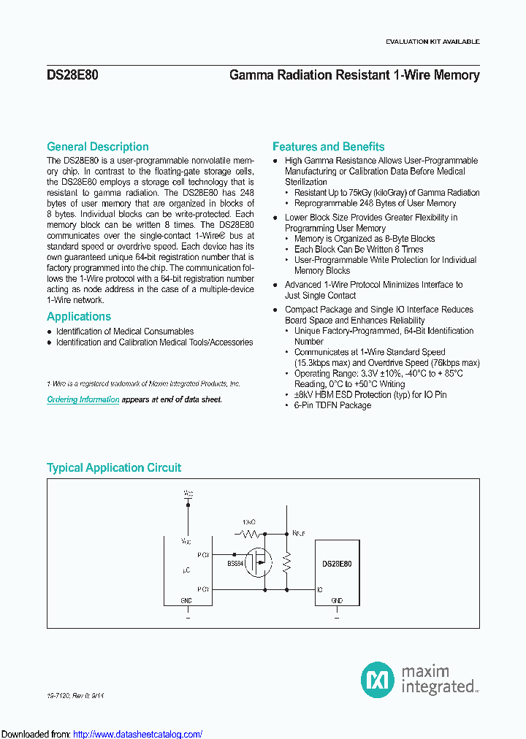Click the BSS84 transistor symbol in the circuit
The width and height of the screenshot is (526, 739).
(257, 563)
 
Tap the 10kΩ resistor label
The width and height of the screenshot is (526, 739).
(249, 523)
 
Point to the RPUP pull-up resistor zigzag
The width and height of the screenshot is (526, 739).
(286, 562)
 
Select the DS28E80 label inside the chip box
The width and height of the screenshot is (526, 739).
(337, 564)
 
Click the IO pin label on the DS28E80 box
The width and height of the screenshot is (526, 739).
(320, 589)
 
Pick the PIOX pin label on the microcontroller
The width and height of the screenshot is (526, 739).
(203, 555)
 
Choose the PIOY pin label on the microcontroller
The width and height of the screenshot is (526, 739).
(203, 588)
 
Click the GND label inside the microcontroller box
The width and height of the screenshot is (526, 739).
(187, 600)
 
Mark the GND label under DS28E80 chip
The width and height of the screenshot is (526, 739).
(337, 600)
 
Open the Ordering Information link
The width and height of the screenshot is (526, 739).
(83, 399)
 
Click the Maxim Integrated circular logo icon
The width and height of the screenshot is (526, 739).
(378, 679)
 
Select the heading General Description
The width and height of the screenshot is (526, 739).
(98, 147)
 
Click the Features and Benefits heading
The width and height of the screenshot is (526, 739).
(328, 147)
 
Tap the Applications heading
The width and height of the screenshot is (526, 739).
(79, 316)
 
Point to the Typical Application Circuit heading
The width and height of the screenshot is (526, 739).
(114, 467)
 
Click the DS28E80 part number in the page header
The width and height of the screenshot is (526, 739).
(67, 74)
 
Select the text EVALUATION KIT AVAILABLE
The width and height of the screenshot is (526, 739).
(432, 42)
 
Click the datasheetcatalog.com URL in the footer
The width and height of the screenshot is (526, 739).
(138, 734)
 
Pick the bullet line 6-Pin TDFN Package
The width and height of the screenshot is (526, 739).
(332, 405)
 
